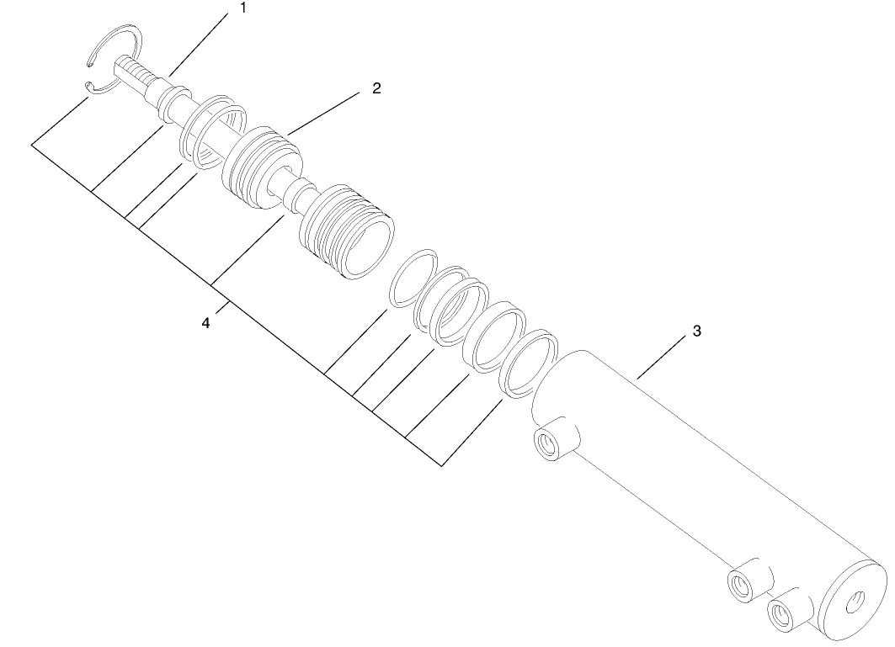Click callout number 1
243,9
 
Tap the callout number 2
376,88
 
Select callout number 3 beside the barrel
696,331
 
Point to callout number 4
206,322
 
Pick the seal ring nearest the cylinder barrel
529,363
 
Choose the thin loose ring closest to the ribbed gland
413,276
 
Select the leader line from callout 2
328,112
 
